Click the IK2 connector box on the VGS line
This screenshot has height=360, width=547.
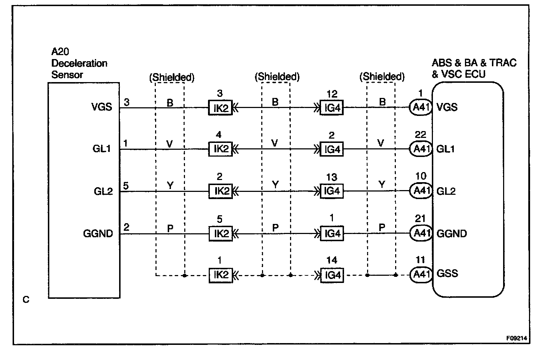point(221,108)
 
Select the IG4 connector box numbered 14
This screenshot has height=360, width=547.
point(332,275)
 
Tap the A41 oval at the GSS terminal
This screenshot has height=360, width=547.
point(420,275)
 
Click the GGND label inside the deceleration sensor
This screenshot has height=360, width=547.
point(98,234)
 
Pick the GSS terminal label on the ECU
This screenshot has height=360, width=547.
point(447,273)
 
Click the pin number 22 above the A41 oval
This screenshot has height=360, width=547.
point(420,135)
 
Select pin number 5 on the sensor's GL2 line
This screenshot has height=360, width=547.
point(126,186)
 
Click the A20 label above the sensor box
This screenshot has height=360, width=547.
point(60,52)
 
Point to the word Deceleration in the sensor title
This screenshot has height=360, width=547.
point(79,63)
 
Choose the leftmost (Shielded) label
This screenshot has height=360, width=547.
point(172,77)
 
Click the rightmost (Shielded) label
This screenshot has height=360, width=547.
point(382,77)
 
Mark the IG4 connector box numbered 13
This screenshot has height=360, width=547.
point(332,191)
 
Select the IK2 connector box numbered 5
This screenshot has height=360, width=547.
point(221,234)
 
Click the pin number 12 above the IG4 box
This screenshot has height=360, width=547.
point(332,94)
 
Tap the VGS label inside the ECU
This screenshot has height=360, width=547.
point(447,107)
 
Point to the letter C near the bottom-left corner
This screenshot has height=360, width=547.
point(26,300)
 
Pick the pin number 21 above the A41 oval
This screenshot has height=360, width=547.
point(420,219)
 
